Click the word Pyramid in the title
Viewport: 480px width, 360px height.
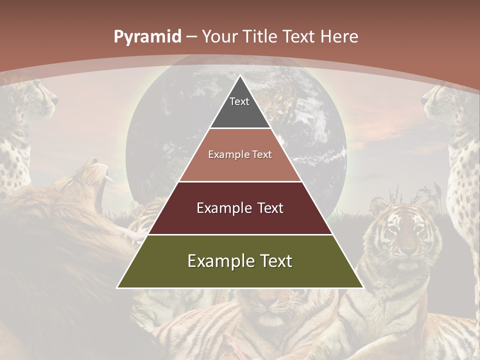coord(147,37)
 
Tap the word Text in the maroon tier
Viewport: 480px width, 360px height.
coord(267,208)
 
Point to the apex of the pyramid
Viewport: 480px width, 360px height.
coord(240,76)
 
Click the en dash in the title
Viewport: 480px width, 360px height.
coord(191,37)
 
